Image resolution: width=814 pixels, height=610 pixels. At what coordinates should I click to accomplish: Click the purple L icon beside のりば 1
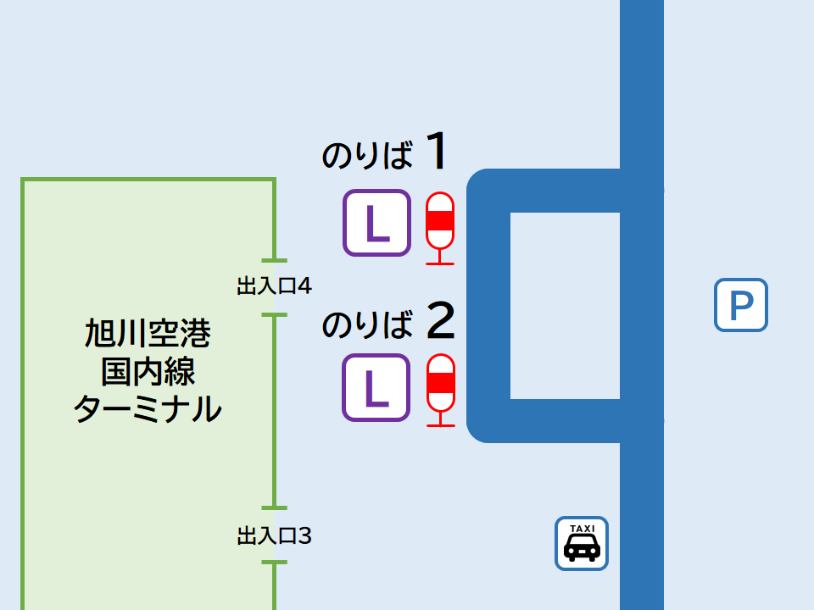(376, 223)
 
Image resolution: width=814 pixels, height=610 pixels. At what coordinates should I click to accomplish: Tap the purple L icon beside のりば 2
(376, 387)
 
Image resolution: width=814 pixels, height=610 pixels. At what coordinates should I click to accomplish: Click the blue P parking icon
(740, 305)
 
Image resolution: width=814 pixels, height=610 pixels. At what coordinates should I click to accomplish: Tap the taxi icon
(582, 543)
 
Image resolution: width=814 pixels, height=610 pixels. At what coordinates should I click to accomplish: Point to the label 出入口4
(274, 286)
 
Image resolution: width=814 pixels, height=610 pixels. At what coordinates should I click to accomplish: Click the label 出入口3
(274, 535)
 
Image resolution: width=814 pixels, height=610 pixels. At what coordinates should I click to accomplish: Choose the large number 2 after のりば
(440, 319)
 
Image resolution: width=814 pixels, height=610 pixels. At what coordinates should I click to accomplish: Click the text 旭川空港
(148, 334)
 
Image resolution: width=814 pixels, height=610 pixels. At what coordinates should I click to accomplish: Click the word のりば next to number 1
(367, 156)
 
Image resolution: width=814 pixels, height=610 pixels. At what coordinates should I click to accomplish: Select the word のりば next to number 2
(367, 324)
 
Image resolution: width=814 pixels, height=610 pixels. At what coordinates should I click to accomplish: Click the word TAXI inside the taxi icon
(582, 528)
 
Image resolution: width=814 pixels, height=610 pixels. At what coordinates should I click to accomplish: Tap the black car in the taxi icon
(582, 549)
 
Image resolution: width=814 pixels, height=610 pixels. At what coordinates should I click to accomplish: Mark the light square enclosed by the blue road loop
(565, 305)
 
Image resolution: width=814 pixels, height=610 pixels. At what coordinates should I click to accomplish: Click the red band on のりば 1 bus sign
(439, 223)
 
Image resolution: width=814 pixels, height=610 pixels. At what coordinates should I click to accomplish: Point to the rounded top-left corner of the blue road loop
(482, 184)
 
